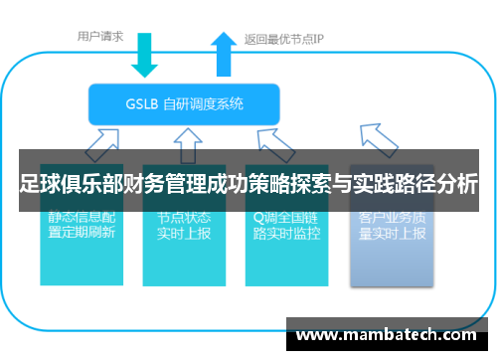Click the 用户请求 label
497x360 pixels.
tap(100, 37)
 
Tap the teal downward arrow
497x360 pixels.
tap(144, 56)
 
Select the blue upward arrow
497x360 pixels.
tap(222, 55)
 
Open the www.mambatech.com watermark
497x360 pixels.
tap(393, 336)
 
